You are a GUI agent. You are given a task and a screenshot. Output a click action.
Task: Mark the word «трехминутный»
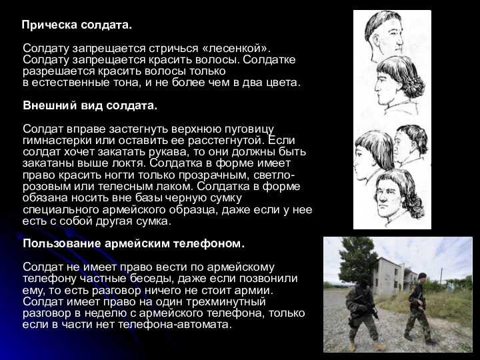pyautogui.click(x=225, y=302)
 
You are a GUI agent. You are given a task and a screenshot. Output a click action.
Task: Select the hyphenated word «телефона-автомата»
pyautogui.click(x=175, y=325)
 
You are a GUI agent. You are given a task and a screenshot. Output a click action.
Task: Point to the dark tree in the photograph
pyautogui.click(x=357, y=260)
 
